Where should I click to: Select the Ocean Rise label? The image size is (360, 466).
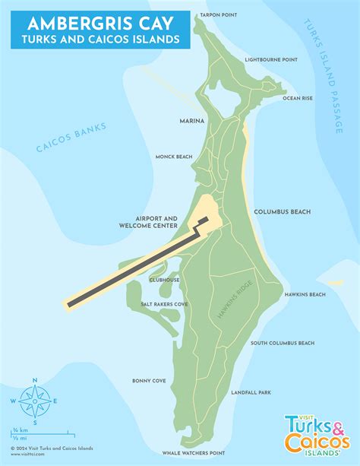click(x=297, y=98)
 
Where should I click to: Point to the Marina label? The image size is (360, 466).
click(x=190, y=121)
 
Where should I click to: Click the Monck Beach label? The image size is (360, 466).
click(x=173, y=157)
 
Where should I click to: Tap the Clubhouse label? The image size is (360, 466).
click(x=165, y=280)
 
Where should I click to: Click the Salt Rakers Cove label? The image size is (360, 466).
click(x=164, y=304)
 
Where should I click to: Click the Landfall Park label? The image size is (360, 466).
click(x=251, y=392)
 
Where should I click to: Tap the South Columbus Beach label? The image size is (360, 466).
click(x=282, y=343)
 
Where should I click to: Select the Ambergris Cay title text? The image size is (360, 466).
click(x=95, y=22)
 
